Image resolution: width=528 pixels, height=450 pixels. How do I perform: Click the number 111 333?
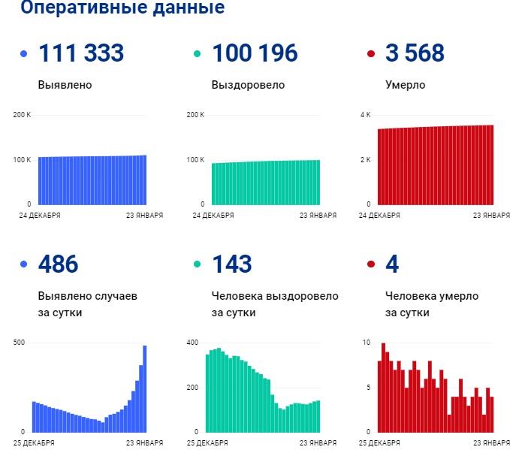pos(80,54)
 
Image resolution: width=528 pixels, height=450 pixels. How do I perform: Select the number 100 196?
pos(255,54)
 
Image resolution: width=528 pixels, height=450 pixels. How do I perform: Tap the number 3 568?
pos(415,54)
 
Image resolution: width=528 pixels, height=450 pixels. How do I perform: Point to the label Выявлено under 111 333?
pos(65,85)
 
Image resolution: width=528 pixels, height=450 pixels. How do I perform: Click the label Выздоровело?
pos(248,85)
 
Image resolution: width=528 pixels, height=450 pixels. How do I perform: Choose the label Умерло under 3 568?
pos(406,85)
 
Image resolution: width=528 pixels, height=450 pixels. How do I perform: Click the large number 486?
pos(58,264)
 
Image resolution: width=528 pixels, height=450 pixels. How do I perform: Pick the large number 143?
pos(231,264)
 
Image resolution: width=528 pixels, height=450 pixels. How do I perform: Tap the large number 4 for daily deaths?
pos(392,264)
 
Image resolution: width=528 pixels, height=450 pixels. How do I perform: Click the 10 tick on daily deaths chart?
pos(366,343)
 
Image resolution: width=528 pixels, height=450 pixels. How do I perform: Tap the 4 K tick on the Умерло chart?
pos(366,115)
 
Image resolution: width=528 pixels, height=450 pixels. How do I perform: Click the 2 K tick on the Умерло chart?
pos(366,160)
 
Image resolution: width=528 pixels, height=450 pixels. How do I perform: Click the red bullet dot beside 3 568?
pos(370,54)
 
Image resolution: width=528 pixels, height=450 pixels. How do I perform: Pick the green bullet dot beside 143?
pos(197,264)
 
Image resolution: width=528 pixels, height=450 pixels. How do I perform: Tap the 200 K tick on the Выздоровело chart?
pos(195,115)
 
